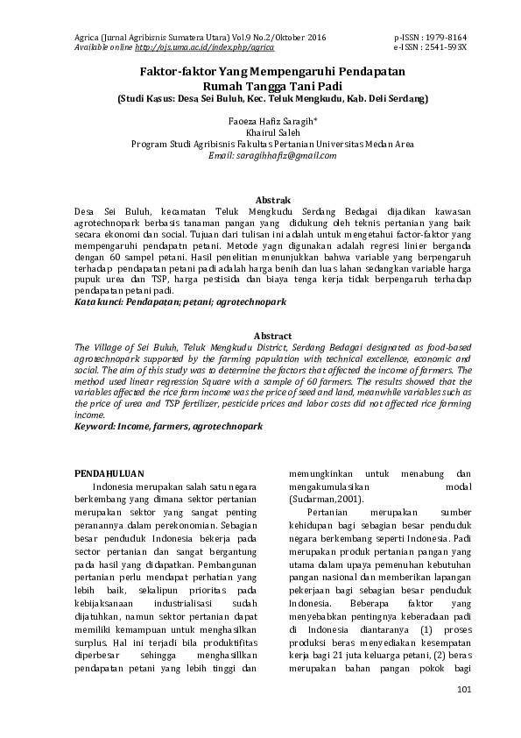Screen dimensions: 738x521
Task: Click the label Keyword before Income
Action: pyautogui.click(x=94, y=425)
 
